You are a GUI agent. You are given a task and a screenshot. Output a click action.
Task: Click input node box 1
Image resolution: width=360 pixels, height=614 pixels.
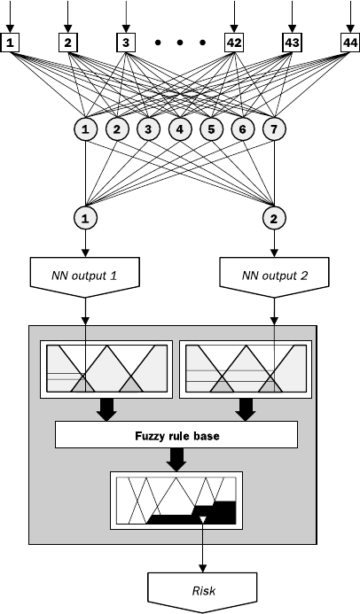point(10,43)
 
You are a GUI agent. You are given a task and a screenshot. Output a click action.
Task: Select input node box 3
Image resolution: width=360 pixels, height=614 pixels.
point(126,43)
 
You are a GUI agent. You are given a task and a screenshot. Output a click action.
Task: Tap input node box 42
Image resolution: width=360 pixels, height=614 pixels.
point(234,43)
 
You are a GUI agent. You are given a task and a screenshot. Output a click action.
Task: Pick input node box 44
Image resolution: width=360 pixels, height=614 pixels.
point(350,43)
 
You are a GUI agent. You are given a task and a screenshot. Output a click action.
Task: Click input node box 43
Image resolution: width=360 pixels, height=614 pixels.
point(292,43)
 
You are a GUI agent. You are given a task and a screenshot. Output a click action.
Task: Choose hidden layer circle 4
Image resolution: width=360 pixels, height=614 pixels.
point(180,128)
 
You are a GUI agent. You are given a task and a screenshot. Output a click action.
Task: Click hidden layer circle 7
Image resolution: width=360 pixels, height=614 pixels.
point(274,128)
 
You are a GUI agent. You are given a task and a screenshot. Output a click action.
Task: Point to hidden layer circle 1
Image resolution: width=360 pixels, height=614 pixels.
point(85,128)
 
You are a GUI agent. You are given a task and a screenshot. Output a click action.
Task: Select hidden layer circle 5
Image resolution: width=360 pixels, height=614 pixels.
point(212,128)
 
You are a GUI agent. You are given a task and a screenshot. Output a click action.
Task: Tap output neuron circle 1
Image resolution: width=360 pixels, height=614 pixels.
point(85,218)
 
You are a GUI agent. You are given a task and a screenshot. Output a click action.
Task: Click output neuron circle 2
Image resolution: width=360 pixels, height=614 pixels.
point(274,218)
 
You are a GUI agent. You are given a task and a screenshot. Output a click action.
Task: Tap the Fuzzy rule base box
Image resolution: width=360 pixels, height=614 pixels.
point(176,435)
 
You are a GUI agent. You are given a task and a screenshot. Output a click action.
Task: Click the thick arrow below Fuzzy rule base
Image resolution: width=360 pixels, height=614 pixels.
point(176,459)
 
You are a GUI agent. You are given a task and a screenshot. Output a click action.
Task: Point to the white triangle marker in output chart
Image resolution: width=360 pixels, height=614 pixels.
point(202,520)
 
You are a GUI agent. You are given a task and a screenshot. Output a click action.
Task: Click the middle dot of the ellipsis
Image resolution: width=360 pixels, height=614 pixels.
point(180,43)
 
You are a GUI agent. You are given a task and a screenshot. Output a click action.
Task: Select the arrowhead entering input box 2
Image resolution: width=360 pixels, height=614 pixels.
point(68,29)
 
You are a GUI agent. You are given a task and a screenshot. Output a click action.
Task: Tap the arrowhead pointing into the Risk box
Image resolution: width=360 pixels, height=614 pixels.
point(202,568)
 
